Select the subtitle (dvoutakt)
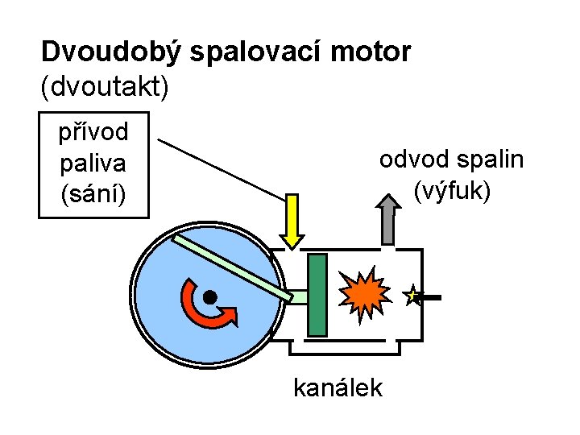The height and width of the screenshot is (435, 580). (104, 86)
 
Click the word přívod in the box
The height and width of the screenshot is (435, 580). (93, 131)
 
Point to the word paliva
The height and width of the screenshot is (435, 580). (93, 164)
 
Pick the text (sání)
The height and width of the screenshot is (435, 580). (93, 196)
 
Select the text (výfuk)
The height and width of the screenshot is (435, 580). (452, 192)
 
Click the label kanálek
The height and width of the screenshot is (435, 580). (338, 388)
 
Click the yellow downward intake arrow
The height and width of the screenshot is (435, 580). (292, 222)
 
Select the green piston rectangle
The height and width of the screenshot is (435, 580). (317, 294)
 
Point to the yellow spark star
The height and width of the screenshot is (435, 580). (412, 296)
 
